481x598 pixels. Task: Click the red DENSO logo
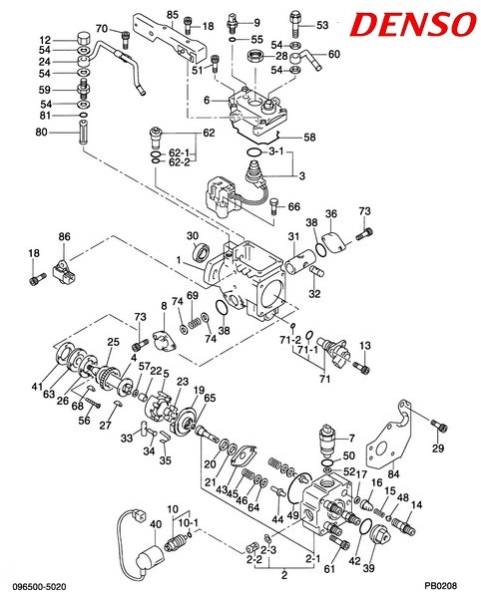pos(413,24)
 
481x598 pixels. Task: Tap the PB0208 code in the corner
pos(441,586)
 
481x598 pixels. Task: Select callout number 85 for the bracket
pos(173,15)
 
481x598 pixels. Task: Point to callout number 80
pos(41,132)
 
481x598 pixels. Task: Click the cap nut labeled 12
pos(85,39)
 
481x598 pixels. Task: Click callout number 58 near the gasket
pos(309,137)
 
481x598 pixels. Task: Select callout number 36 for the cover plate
pos(331,213)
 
